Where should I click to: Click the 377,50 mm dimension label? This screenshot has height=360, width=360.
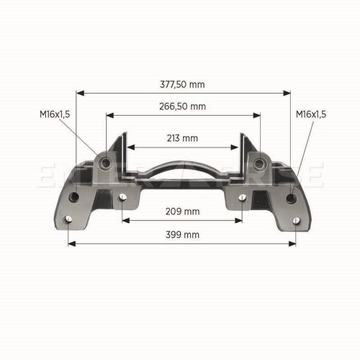click(182, 84)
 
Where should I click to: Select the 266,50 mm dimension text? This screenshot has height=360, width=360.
click(182, 107)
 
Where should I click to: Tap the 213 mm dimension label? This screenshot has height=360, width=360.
click(182, 138)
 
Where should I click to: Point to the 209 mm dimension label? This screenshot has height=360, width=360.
click(182, 212)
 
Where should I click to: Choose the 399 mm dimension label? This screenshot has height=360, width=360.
click(182, 235)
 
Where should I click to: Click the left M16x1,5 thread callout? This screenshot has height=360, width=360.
click(55, 114)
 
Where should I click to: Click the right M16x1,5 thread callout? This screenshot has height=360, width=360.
click(311, 114)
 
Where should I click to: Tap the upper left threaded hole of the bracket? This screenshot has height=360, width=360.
click(106, 163)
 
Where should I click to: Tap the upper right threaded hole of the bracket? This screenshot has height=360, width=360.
click(259, 163)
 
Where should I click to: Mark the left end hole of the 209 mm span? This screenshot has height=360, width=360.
click(122, 197)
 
